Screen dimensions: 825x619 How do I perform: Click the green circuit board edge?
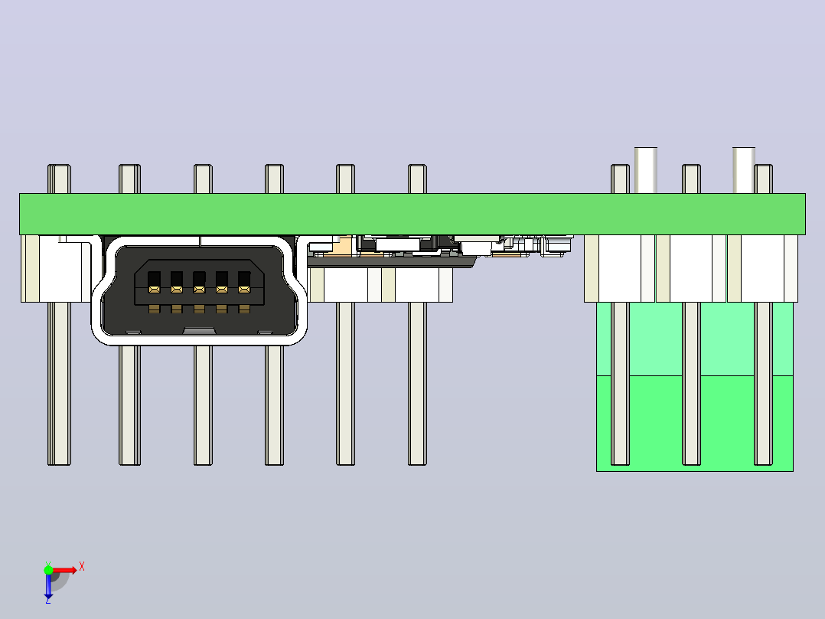coord(412,214)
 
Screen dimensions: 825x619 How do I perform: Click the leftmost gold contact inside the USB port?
coord(154,290)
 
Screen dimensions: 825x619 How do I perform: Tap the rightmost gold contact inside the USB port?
coord(244,290)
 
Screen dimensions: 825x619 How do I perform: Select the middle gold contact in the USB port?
coord(199,290)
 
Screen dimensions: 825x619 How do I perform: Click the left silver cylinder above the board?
coord(646,170)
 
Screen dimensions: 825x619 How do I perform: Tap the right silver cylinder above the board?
coord(743,170)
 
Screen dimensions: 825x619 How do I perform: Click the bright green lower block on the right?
coord(695,424)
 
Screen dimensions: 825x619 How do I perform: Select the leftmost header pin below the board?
coord(60,384)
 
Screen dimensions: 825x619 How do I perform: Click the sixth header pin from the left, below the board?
coord(417,384)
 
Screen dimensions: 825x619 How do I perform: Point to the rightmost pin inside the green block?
coord(763,384)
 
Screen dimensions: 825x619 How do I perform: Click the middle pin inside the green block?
coord(691,384)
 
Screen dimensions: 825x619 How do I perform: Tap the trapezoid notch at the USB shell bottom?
coord(199,331)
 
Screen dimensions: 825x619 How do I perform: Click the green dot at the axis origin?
coord(48,570)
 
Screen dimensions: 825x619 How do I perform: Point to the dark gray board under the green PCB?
coord(392,261)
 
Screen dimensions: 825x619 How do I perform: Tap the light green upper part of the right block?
coord(695,339)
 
